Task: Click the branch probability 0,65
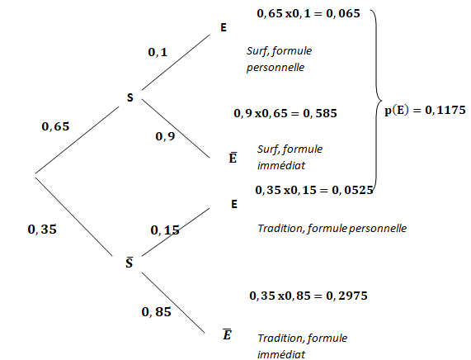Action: pos(55,126)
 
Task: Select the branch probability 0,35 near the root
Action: pos(42,230)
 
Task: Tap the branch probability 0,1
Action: pos(158,52)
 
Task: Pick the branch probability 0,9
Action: pos(165,136)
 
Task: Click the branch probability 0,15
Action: pos(165,230)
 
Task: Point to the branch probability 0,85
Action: pos(156,312)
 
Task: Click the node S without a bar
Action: pos(130,97)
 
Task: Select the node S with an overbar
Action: pos(130,263)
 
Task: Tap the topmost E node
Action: pos(224,28)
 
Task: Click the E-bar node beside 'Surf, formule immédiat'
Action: pos(233,158)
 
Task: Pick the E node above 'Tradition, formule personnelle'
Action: pos(234,204)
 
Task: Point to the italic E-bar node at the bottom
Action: pos(227,334)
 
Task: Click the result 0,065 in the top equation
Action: pos(343,13)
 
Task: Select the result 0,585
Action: pos(320,113)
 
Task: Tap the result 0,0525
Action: pos(353,190)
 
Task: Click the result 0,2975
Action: pos(347,296)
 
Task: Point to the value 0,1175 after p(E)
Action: pos(445,111)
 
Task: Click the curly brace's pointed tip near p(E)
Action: pos(381,100)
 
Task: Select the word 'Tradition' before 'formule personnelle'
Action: pos(281,229)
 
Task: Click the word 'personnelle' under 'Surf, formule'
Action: pos(276,68)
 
